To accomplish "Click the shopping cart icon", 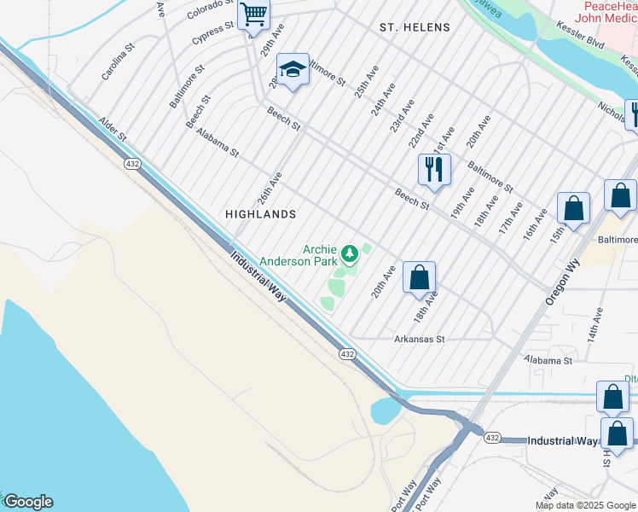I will [253, 15].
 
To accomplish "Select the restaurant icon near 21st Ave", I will [434, 169].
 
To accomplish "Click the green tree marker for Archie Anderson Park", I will [349, 253].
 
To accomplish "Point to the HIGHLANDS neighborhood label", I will [260, 214].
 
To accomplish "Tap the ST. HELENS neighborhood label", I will [415, 27].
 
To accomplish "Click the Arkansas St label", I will [420, 339].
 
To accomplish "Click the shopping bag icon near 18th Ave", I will [419, 277].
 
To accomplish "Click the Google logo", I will [27, 502].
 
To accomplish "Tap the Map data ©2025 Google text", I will [585, 505].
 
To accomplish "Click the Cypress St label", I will [212, 33].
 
